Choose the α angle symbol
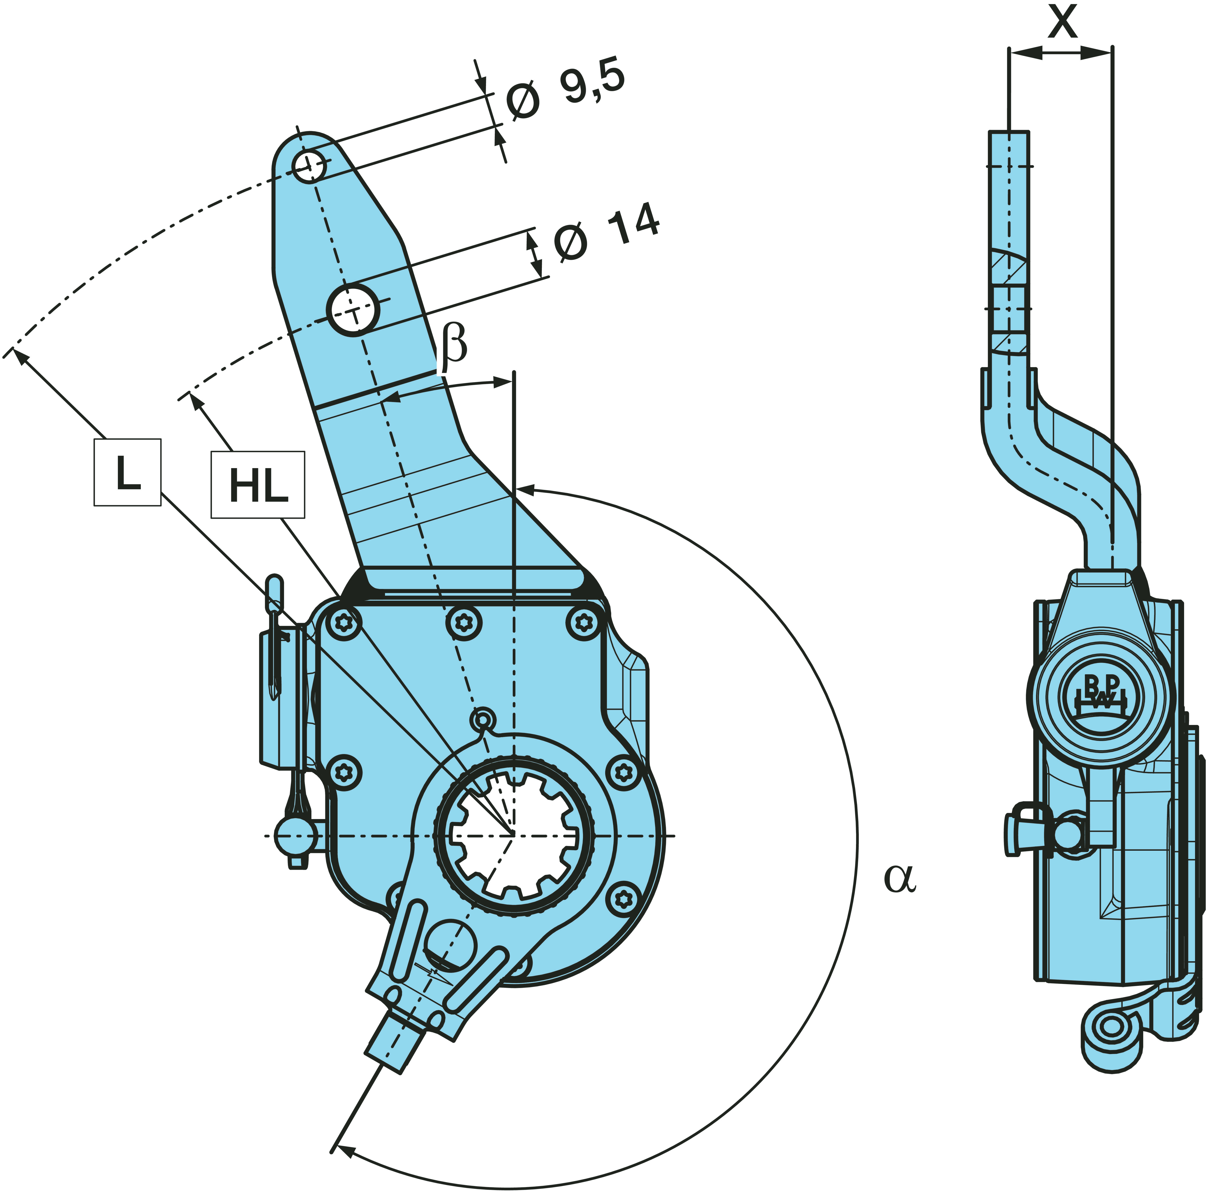coord(899,878)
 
